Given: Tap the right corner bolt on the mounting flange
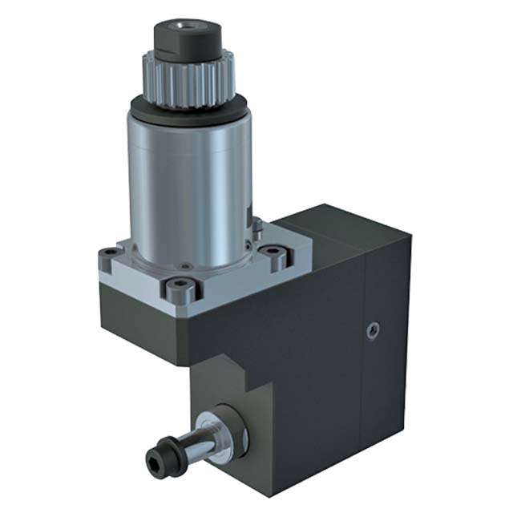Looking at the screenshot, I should click(277, 257).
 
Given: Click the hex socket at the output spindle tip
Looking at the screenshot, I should click(153, 459).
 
